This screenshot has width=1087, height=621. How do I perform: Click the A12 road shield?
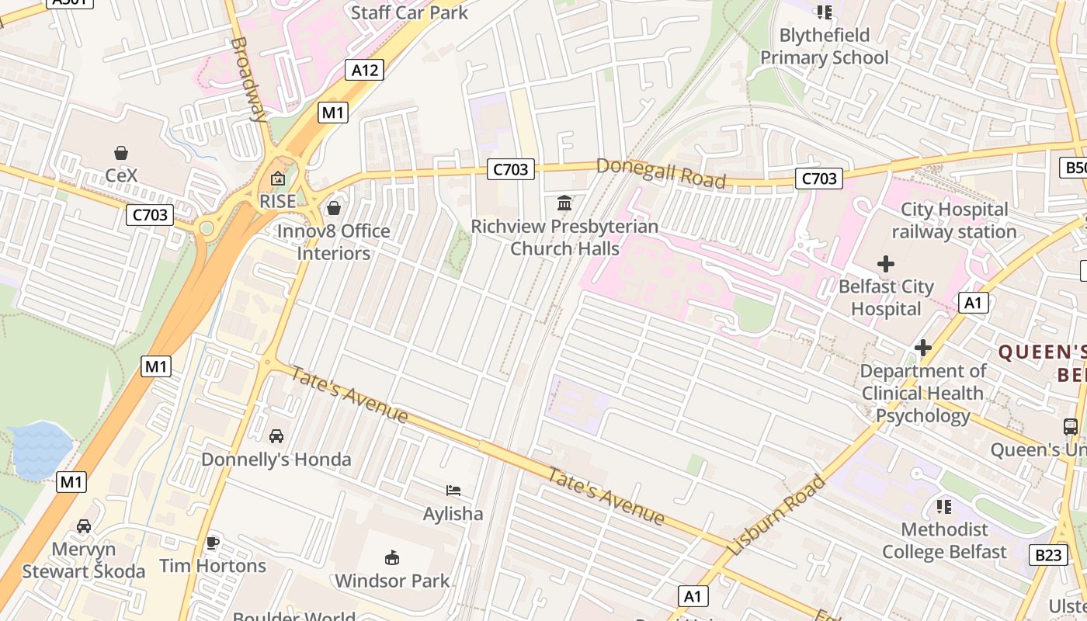point(365,71)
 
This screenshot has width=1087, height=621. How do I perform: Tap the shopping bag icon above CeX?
point(121,153)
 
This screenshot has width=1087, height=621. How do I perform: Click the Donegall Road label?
point(661,173)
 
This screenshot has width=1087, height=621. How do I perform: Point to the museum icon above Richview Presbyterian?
point(564,204)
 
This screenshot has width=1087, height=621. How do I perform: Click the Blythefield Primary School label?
point(824,47)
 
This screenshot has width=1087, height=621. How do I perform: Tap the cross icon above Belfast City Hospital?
point(885,264)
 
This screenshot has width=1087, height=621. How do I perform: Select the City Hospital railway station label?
point(953,220)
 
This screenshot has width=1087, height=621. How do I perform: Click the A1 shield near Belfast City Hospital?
point(974,303)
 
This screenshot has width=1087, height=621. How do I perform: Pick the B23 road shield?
point(1048,555)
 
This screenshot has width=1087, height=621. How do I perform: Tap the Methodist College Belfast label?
point(944,541)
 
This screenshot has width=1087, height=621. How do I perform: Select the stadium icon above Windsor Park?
point(392,558)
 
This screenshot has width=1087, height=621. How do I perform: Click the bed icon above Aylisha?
point(453,491)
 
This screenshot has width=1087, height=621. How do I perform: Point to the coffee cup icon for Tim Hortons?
point(213,543)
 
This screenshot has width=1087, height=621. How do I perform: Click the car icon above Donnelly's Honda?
point(276,436)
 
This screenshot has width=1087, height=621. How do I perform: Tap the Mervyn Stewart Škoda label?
point(83,560)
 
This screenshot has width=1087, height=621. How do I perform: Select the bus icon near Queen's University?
point(1070,427)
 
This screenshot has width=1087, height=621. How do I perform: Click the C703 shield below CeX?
point(149,215)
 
